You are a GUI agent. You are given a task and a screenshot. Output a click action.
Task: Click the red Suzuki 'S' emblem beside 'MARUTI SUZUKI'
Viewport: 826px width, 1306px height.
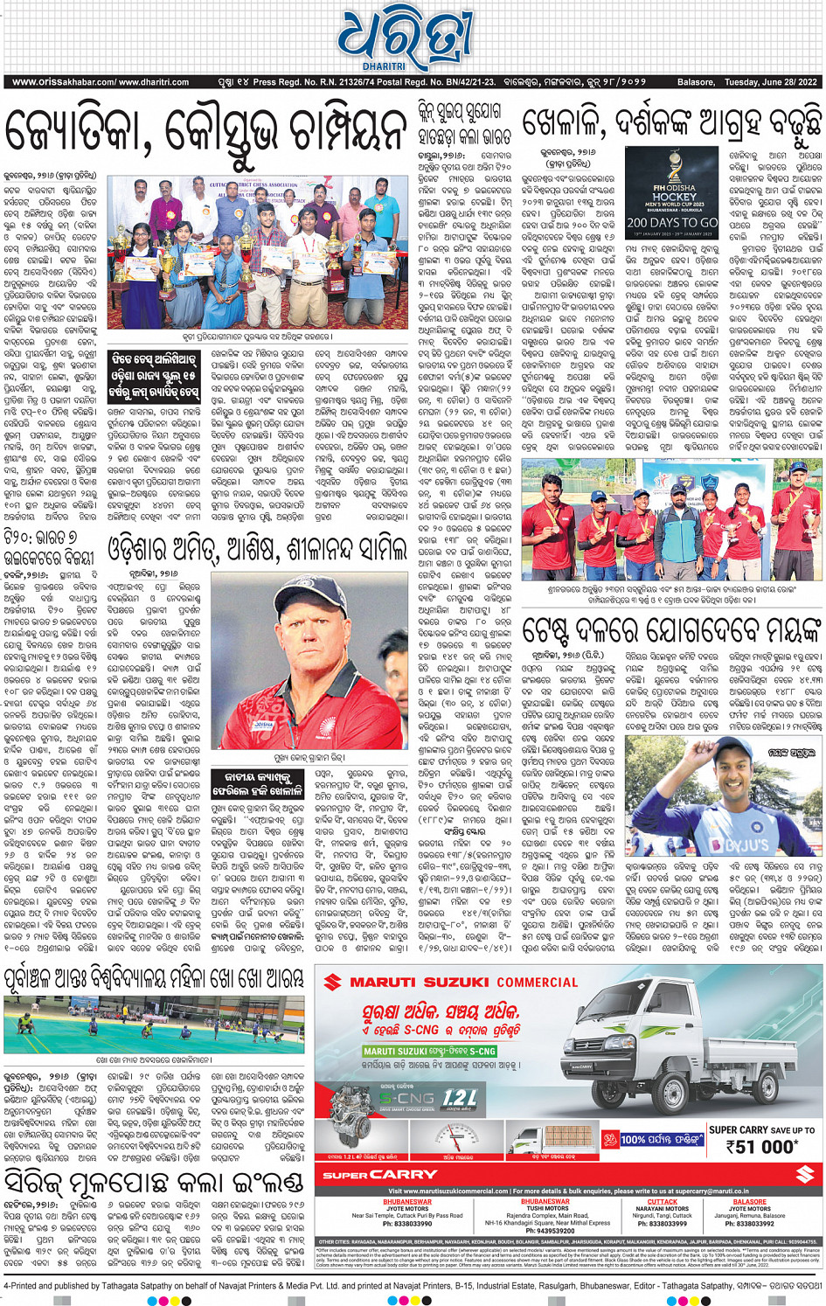pos(332,982)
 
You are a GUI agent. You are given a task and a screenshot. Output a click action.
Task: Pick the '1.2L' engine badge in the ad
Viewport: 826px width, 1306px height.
pos(460,1099)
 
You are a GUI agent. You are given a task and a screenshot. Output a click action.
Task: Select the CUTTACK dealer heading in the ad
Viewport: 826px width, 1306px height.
pos(663,1201)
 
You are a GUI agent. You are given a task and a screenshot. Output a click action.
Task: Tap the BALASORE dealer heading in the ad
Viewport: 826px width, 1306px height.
pos(750,1201)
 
